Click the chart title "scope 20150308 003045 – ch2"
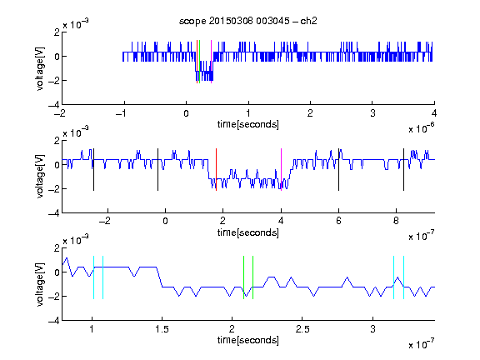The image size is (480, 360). [248, 21]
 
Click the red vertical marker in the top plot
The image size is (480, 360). [197, 62]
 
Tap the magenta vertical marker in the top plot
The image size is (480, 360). [211, 62]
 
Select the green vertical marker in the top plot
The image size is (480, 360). [199, 62]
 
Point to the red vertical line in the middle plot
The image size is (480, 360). [216, 170]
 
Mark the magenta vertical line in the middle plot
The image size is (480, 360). [281, 170]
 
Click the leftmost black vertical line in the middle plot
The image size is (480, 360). [93, 170]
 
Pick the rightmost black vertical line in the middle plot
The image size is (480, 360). [403, 170]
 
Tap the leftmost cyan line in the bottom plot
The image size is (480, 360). [93, 277]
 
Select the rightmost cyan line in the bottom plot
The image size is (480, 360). [403, 277]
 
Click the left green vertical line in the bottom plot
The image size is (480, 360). [243, 277]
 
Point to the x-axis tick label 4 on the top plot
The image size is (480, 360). [434, 113]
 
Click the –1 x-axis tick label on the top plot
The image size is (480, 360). [121, 113]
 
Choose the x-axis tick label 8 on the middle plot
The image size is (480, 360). [396, 221]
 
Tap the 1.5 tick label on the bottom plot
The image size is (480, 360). [162, 329]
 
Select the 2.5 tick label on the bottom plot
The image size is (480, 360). [302, 329]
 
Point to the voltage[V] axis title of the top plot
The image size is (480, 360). [40, 68]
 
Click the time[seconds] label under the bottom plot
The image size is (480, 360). [248, 340]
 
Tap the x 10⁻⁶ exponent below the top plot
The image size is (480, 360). [422, 128]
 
